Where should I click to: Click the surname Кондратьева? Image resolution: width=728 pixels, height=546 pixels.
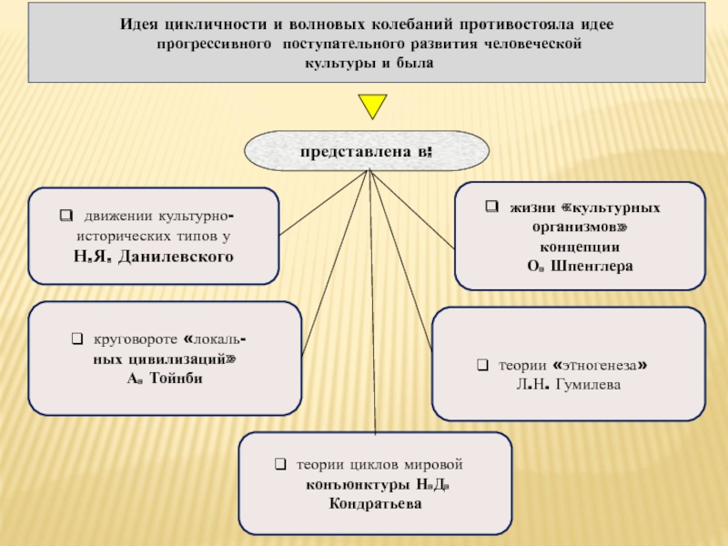pos(376,502)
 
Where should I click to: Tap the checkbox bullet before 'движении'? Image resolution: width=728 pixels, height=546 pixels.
pos(66,217)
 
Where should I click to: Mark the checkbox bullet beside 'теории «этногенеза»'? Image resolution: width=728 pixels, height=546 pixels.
pos(482,366)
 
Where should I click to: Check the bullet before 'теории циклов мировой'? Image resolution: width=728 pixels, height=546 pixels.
pos(281,464)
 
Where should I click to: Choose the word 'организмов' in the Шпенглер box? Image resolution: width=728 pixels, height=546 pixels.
pos(577,227)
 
